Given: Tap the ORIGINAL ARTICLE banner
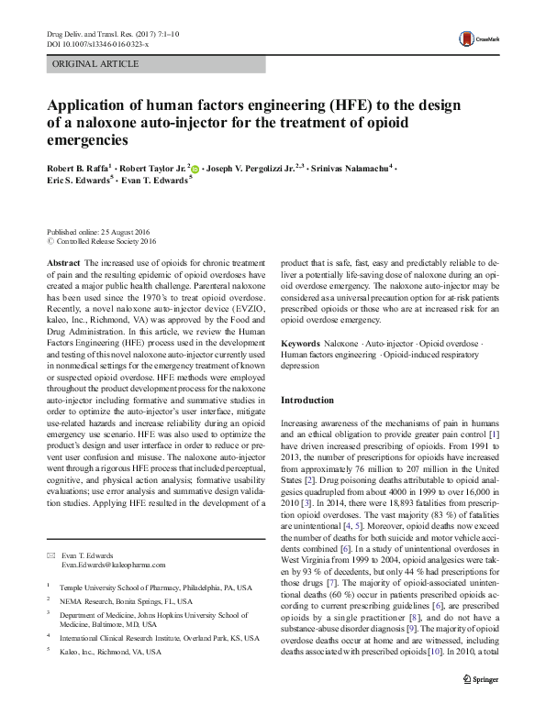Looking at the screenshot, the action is pyautogui.click(x=96, y=64).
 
